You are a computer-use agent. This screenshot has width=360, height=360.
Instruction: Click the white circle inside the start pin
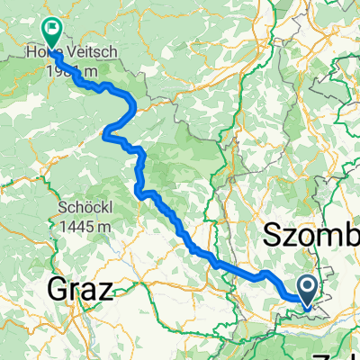[x=307, y=287]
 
